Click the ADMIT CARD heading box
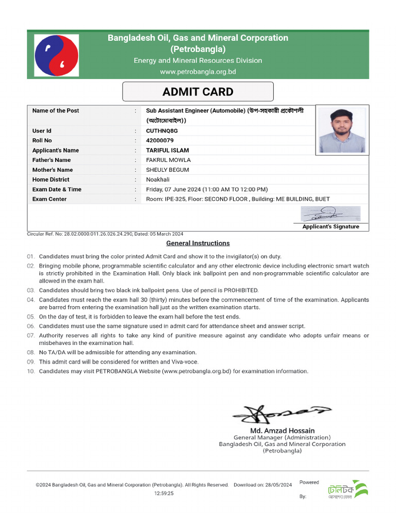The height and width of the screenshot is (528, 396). (x=197, y=92)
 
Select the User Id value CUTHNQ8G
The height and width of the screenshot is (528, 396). (x=161, y=131)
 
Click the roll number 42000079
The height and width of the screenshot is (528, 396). (x=160, y=141)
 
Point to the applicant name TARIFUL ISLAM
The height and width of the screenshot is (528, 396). (x=167, y=151)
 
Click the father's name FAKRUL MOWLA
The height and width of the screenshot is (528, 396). (x=168, y=160)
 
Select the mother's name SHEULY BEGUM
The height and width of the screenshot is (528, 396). (x=167, y=170)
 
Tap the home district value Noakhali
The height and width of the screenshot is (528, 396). (x=158, y=179)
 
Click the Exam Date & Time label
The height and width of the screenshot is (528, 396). (x=57, y=189)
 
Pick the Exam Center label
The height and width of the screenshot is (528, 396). (x=49, y=199)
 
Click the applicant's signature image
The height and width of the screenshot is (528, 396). (x=331, y=213)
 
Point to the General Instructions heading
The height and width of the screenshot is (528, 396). (x=198, y=243)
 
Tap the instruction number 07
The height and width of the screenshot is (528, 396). (x=31, y=336)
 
